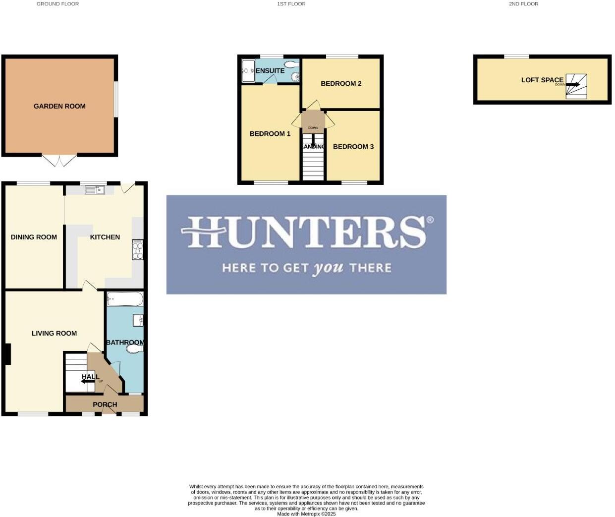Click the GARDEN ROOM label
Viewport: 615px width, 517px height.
pos(59,106)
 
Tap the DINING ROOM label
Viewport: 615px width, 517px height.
pos(34,237)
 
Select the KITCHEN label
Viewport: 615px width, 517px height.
pos(105,237)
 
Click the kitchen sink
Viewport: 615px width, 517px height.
pos(95,190)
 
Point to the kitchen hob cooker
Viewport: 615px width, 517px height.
pos(138,250)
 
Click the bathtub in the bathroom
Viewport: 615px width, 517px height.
pos(125,299)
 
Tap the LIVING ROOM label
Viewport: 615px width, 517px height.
pos(54,334)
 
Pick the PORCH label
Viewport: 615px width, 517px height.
pos(105,404)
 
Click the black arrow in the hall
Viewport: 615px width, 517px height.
pos(88,381)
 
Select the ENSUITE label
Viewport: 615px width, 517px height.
pos(270,71)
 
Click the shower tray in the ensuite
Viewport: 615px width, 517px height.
pos(248,71)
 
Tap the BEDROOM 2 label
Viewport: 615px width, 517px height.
pos(341,83)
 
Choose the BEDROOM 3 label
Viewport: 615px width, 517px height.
pos(353,147)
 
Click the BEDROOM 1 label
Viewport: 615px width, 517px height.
pos(270,134)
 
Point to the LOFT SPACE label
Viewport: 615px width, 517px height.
pos(542,80)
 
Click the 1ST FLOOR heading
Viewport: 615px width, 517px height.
pos(291,4)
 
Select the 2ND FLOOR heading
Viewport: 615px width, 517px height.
pos(524,4)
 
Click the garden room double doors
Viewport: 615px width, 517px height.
pos(59,161)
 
